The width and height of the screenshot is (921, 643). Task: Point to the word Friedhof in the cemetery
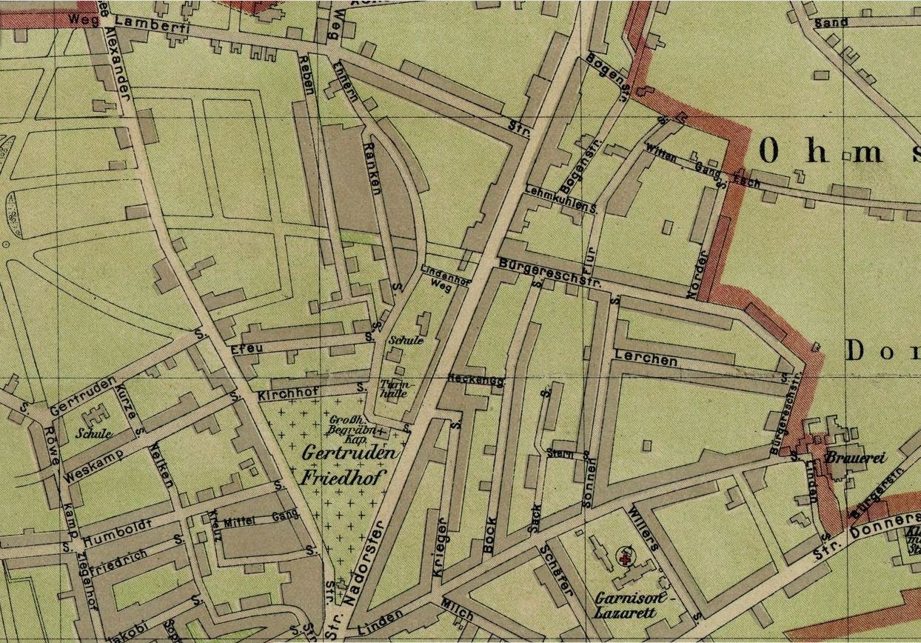[x=341, y=478]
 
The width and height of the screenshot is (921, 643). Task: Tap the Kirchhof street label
[x=282, y=396]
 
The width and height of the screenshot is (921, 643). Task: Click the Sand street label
[x=831, y=23]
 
